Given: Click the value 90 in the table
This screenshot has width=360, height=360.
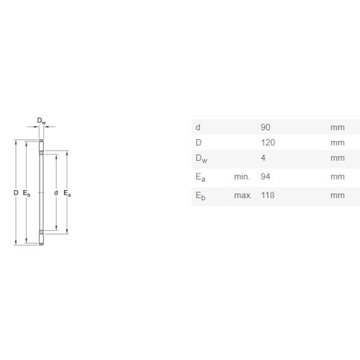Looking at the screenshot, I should (x=265, y=127).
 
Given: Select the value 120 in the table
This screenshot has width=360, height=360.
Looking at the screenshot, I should (x=268, y=143).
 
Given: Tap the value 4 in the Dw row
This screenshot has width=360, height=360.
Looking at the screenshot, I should (x=263, y=158).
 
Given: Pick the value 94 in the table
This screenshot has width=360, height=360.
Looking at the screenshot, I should (x=265, y=176).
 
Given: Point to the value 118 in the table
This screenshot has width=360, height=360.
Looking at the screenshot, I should (x=268, y=196).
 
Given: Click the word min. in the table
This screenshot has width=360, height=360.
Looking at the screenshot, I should (x=242, y=176).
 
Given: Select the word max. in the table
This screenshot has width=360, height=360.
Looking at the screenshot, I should (x=243, y=196).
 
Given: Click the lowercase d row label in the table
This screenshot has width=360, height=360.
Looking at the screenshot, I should (x=197, y=127).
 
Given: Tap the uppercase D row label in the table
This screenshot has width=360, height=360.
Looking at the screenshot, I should (x=198, y=143).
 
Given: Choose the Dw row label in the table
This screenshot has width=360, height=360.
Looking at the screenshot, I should (x=200, y=159).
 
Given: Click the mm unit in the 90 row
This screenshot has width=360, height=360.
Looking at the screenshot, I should (x=337, y=127).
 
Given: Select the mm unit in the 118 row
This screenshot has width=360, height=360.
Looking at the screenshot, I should (x=337, y=196).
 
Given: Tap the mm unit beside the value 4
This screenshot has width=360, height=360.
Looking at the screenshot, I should (x=337, y=158).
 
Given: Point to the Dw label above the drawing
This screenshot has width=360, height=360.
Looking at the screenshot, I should (x=41, y=121).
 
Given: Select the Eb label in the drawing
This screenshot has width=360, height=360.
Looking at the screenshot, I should (x=26, y=193).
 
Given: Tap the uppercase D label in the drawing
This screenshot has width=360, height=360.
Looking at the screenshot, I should (x=16, y=193).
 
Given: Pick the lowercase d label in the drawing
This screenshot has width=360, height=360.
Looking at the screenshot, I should (x=56, y=193).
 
